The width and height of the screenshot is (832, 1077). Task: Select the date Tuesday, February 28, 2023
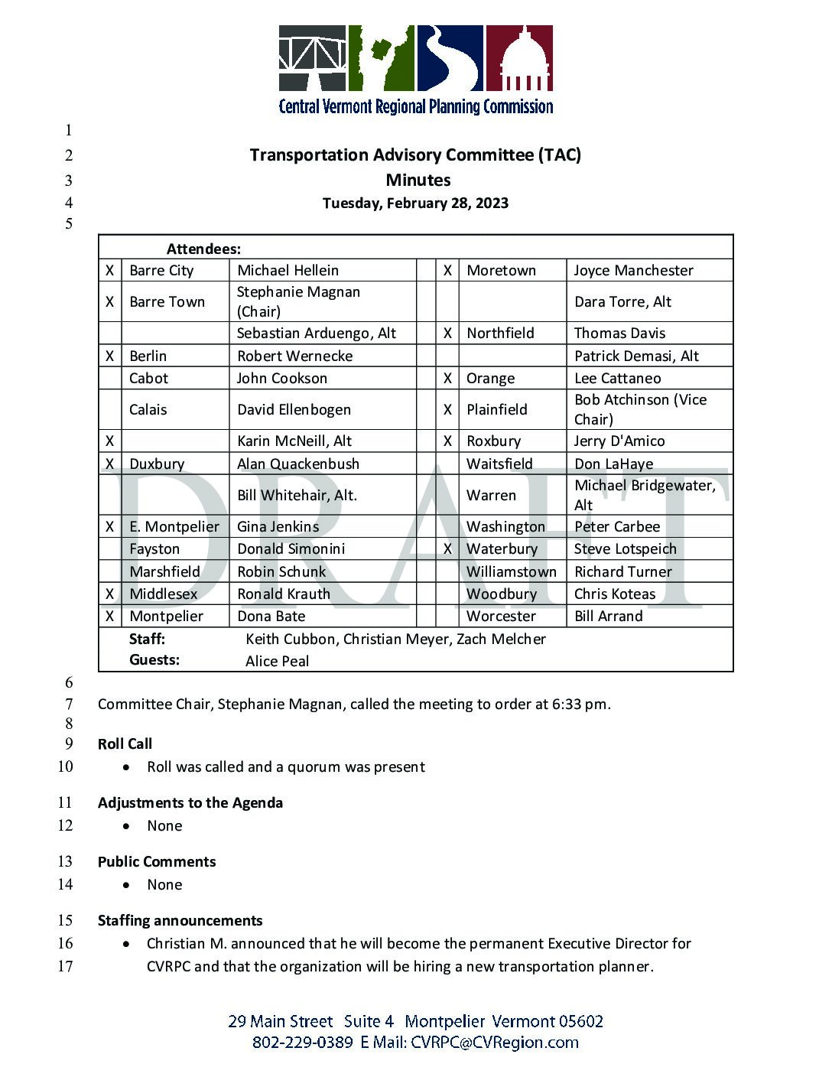click(415, 203)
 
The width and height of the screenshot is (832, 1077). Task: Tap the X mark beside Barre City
click(110, 271)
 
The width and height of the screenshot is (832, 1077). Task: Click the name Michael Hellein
click(288, 271)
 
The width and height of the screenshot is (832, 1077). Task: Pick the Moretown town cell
click(501, 271)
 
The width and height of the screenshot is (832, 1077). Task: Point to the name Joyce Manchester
click(633, 271)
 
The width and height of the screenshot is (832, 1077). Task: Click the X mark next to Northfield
click(447, 334)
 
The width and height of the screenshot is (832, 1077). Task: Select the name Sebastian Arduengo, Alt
click(317, 334)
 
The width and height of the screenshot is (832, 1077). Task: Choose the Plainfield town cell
click(497, 410)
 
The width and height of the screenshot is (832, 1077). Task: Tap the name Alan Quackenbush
click(298, 464)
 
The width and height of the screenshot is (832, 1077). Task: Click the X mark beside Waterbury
click(447, 549)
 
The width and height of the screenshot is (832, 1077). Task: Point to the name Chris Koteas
click(615, 594)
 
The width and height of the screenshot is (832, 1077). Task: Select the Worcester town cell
click(501, 617)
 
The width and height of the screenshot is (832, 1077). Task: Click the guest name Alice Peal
click(277, 662)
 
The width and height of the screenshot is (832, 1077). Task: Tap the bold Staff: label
click(147, 639)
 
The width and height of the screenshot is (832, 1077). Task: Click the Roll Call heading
click(125, 744)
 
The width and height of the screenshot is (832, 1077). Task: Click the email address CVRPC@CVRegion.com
click(494, 1043)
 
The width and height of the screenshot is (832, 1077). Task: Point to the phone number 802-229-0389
click(302, 1043)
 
